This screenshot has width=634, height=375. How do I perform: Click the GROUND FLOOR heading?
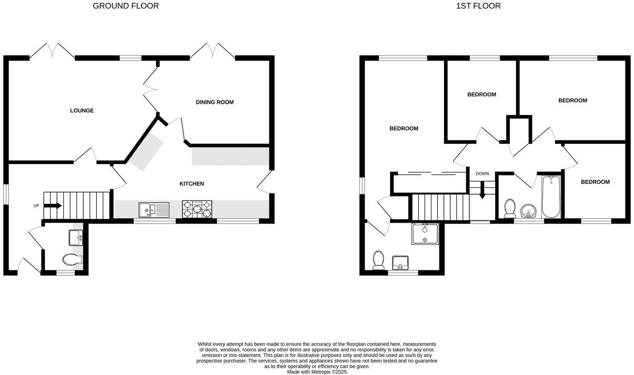tap(126, 6)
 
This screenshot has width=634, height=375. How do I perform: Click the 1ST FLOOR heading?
tap(478, 6)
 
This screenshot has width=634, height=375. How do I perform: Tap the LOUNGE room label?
tap(82, 110)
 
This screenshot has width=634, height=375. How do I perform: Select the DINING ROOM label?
tap(215, 102)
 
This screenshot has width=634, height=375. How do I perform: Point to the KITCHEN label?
tap(191, 183)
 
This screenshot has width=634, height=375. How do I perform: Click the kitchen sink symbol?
tap(154, 209)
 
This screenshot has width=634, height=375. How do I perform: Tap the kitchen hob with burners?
tap(197, 209)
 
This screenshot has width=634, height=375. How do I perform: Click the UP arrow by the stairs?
tap(53, 205)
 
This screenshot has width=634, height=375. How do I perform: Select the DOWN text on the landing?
tap(482, 174)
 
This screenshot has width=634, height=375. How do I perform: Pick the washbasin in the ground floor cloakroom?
tap(75, 237)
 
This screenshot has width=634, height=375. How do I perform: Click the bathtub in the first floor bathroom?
tap(551, 196)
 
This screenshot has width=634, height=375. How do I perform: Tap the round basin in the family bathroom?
tap(529, 210)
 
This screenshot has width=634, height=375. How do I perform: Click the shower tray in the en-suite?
tap(425, 234)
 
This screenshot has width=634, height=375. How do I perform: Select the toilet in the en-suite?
tap(378, 260)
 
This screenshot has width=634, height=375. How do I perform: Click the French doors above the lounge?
tap(52, 51)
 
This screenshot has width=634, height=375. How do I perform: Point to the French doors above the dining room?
tap(212, 51)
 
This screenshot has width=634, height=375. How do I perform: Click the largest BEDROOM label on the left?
tap(404, 128)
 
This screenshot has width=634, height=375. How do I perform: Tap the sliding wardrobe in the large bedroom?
tap(430, 183)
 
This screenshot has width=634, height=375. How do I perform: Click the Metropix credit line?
tap(317, 371)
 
